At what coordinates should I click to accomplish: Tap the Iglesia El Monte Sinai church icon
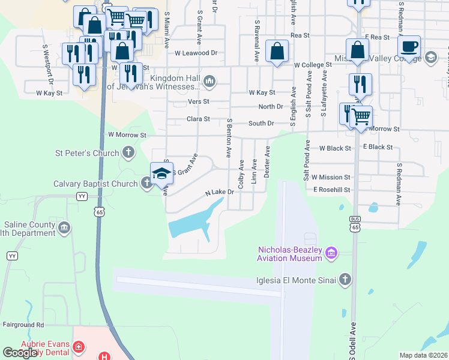click(x=345, y=279)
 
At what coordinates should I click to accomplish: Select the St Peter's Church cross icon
click(x=128, y=154)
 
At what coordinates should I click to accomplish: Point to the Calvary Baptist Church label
click(x=95, y=184)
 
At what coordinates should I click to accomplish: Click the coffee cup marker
click(x=409, y=47)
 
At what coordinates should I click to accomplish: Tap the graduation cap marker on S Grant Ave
click(x=161, y=174)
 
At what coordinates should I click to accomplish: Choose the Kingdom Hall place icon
click(x=209, y=81)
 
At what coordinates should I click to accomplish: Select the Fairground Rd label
click(x=23, y=325)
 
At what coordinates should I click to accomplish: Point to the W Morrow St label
click(x=126, y=136)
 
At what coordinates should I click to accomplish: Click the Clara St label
click(x=197, y=119)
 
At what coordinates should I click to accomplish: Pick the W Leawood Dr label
click(x=196, y=53)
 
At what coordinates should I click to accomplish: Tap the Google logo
click(x=20, y=353)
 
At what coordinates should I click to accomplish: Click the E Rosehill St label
click(x=331, y=190)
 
